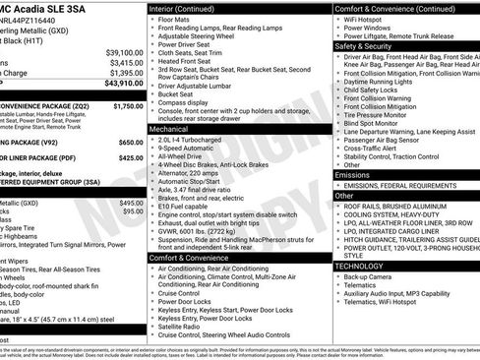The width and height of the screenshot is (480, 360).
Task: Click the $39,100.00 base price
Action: (x=124, y=51)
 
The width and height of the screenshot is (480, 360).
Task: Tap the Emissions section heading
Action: (x=353, y=174)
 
